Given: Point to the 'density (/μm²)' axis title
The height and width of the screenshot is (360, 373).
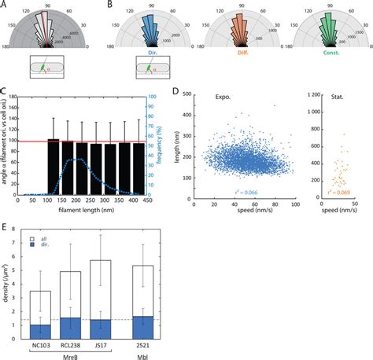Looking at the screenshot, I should point(7,288).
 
